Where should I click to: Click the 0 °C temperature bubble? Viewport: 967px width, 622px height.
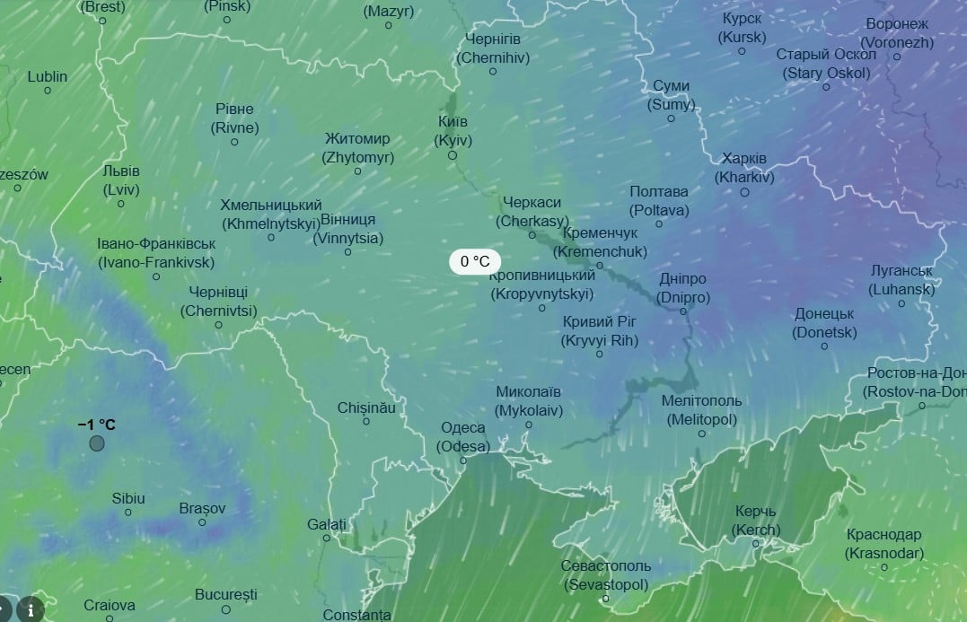(475, 262)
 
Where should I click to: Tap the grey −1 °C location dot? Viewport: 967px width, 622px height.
(97, 442)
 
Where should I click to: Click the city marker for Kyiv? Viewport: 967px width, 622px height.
(453, 155)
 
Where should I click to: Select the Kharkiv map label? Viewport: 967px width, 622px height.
(744, 168)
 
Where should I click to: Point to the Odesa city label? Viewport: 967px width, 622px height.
(463, 436)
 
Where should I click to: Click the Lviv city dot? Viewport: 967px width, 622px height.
(121, 204)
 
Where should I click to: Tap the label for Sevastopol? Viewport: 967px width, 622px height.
(606, 574)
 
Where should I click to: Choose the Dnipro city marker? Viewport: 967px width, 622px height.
(683, 311)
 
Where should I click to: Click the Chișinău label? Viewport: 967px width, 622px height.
(366, 407)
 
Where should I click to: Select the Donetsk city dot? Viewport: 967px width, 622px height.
(825, 346)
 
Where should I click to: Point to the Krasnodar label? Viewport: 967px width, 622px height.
(884, 544)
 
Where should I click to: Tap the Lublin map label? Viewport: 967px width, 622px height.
(48, 77)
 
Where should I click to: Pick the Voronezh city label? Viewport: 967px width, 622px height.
(897, 32)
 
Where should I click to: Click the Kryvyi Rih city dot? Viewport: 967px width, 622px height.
(600, 355)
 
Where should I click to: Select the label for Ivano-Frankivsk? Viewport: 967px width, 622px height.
(156, 253)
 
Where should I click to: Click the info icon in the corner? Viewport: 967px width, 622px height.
(31, 609)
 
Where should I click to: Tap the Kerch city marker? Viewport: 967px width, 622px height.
(756, 543)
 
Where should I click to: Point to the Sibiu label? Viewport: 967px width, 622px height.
(128, 498)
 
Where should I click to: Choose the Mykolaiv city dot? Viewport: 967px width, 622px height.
(529, 425)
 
